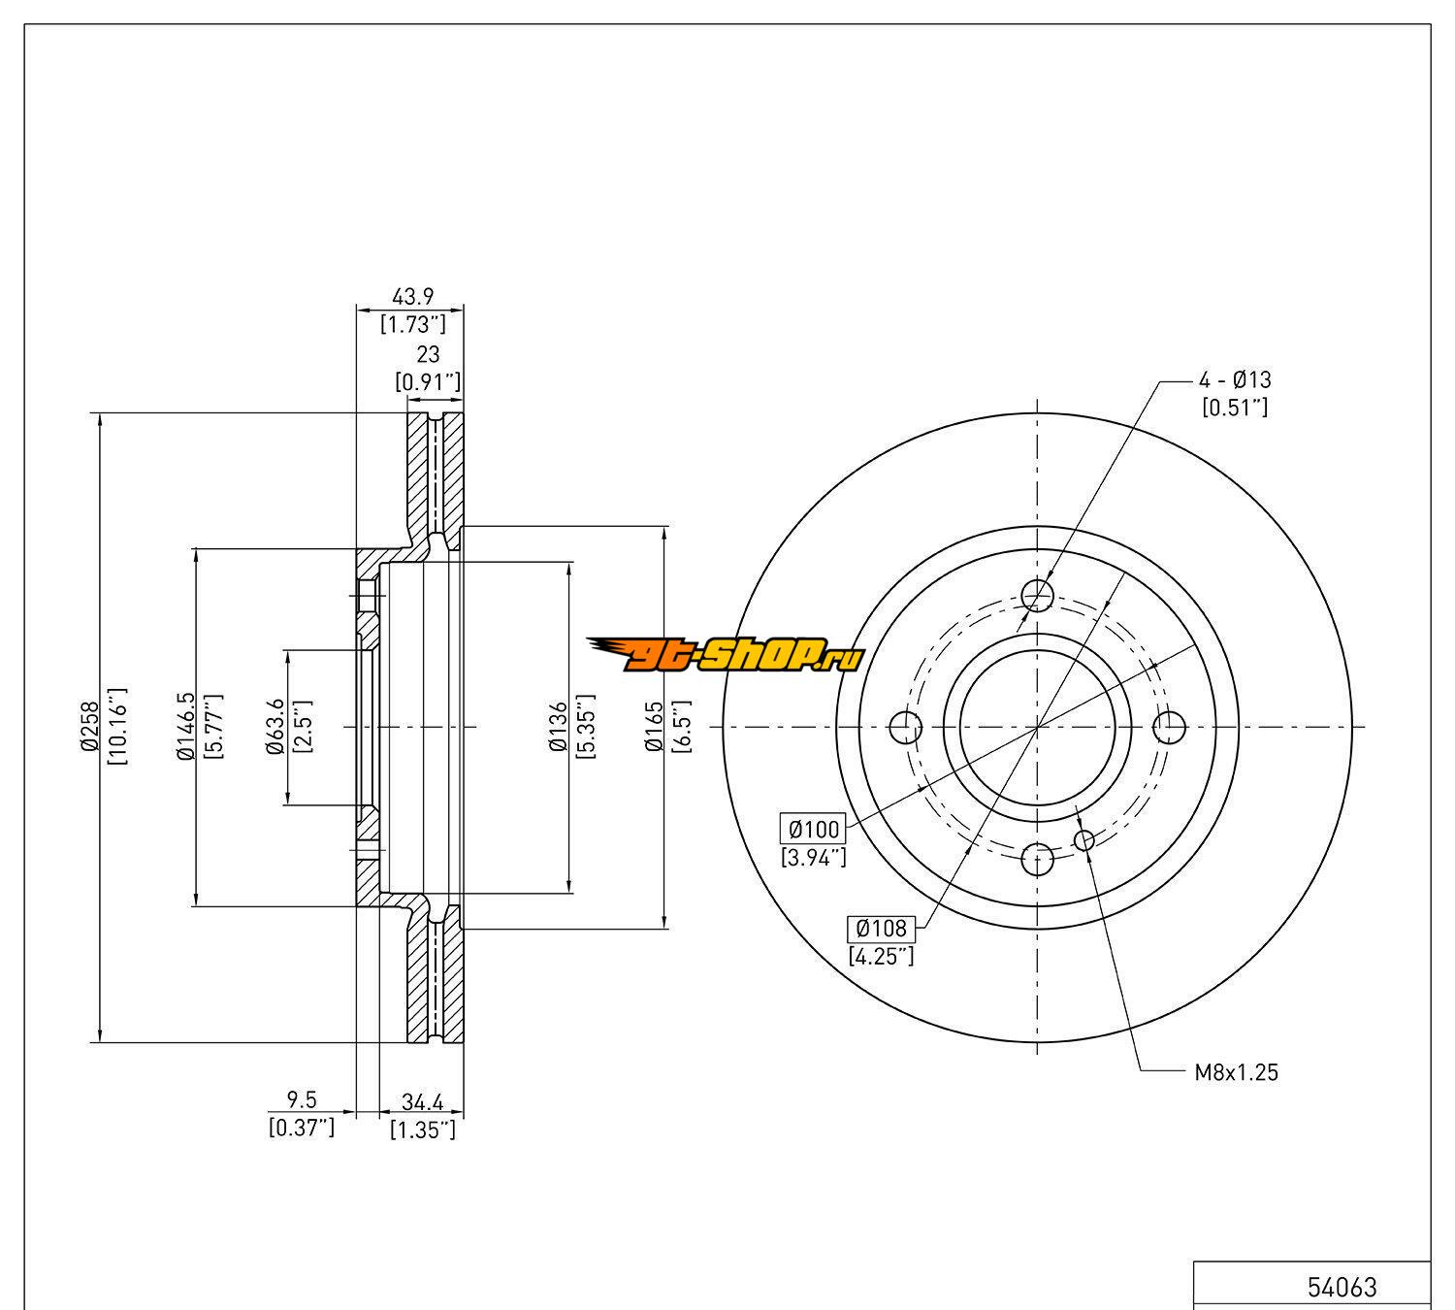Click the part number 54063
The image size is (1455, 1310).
1342,1287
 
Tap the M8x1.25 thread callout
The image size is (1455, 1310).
1236,1072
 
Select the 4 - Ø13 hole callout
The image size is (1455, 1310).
1235,379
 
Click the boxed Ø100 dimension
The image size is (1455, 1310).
813,829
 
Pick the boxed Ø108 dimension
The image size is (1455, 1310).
881,929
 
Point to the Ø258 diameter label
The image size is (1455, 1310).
89,726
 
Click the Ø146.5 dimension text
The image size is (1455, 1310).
185,726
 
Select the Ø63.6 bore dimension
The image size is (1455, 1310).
275,726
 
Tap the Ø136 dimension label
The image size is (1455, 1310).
558,726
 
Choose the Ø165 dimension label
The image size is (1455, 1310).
654,726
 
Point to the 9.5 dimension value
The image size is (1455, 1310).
302,1100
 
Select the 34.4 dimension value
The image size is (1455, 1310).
422,1102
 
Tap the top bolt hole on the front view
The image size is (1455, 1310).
1038,594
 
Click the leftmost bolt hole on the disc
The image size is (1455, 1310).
905,725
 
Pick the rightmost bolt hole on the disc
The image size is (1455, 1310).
1170,725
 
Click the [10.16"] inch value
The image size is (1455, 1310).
117,726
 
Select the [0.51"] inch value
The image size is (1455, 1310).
1235,408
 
